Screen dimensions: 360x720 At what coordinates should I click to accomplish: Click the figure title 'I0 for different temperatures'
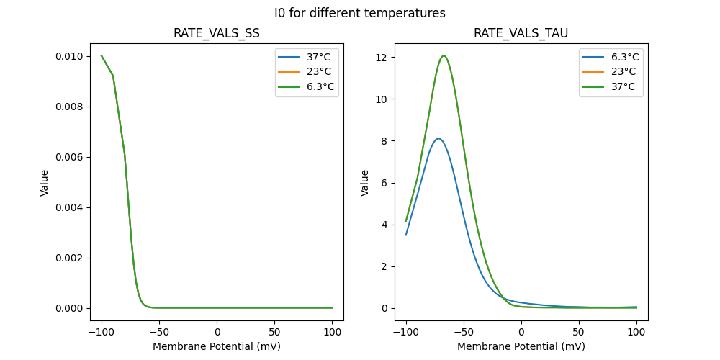coord(359,13)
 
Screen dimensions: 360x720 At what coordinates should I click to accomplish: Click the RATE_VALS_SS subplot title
coord(217,33)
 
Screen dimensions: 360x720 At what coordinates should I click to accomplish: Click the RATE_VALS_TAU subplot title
coord(521,33)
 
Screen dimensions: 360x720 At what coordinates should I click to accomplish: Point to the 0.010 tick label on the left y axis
coord(70,56)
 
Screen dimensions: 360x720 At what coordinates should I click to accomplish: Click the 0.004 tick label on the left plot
coord(70,207)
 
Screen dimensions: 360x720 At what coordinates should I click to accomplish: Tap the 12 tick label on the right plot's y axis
coord(384,58)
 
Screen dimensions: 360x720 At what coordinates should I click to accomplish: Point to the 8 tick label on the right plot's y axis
coord(387,141)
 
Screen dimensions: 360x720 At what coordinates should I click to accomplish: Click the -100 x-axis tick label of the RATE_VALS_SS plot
coord(102,332)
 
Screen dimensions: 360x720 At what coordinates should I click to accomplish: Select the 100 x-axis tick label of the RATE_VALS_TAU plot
coord(636,332)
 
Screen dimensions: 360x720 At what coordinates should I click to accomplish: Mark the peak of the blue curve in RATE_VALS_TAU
coord(438,138)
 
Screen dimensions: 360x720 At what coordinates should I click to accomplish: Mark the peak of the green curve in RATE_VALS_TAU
coord(444,55)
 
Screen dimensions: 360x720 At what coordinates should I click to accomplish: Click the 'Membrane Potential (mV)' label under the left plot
coord(217,346)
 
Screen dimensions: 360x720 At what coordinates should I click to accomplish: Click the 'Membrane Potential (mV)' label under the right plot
coord(521,346)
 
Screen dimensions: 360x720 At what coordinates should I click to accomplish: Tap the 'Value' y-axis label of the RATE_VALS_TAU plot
coord(365,183)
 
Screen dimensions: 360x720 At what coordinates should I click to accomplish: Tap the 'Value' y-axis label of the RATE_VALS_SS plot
coord(45,183)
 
